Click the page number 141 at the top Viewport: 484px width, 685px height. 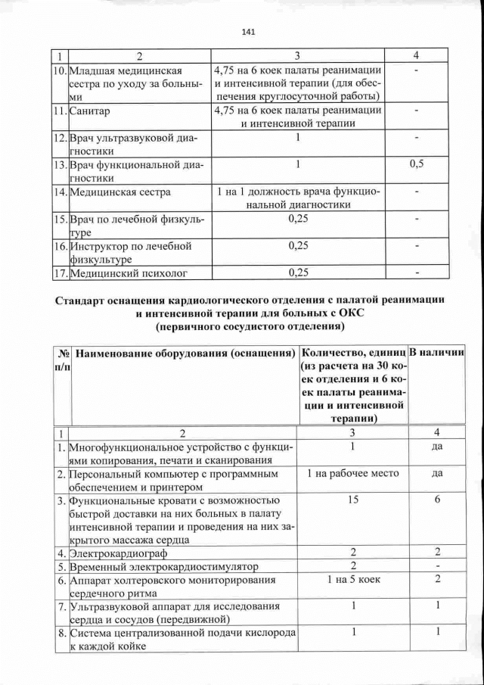click(x=247, y=32)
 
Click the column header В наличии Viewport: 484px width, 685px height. click(x=438, y=353)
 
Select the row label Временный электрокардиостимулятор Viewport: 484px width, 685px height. click(x=162, y=566)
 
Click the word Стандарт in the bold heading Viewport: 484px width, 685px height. click(x=84, y=300)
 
